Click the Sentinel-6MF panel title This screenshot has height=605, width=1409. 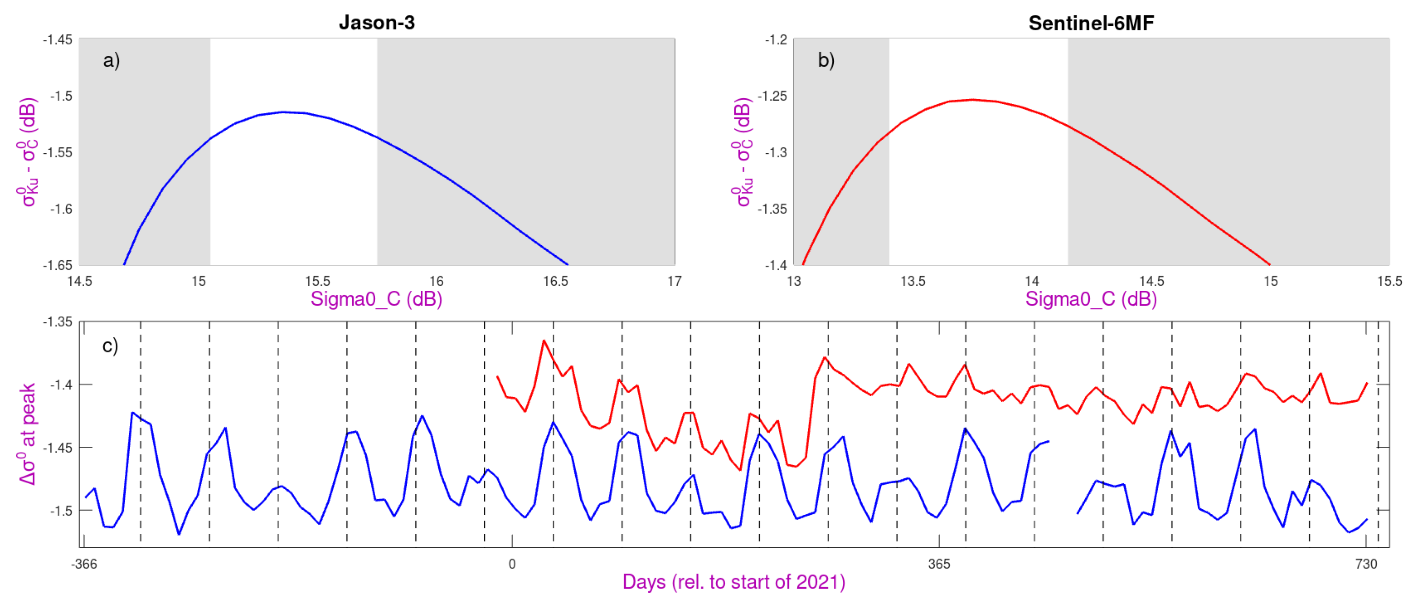[1091, 23]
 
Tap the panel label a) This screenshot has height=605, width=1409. [111, 60]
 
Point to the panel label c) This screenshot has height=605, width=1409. [110, 346]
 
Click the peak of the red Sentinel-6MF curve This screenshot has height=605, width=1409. [973, 100]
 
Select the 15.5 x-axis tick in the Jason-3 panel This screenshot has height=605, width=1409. [317, 281]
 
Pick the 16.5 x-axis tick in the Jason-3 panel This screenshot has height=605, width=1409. [555, 281]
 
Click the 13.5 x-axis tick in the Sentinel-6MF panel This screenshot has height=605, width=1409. [912, 281]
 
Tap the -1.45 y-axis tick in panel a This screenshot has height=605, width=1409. [58, 39]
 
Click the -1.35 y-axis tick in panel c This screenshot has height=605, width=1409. [58, 322]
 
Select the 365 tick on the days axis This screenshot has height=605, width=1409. [939, 564]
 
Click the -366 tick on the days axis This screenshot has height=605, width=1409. [84, 564]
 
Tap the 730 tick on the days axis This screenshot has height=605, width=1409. [1366, 564]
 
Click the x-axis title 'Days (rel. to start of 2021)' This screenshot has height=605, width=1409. [733, 582]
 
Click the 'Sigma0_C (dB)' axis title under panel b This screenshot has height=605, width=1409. [1091, 299]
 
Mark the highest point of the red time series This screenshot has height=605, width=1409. [544, 340]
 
